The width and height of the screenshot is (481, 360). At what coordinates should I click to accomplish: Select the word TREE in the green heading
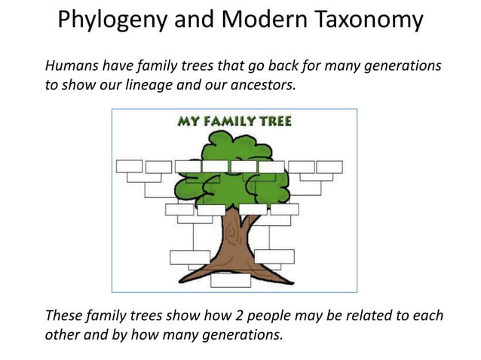(274, 121)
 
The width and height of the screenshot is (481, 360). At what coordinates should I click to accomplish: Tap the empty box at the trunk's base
(231, 280)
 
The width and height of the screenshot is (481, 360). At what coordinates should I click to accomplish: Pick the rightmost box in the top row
(329, 167)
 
